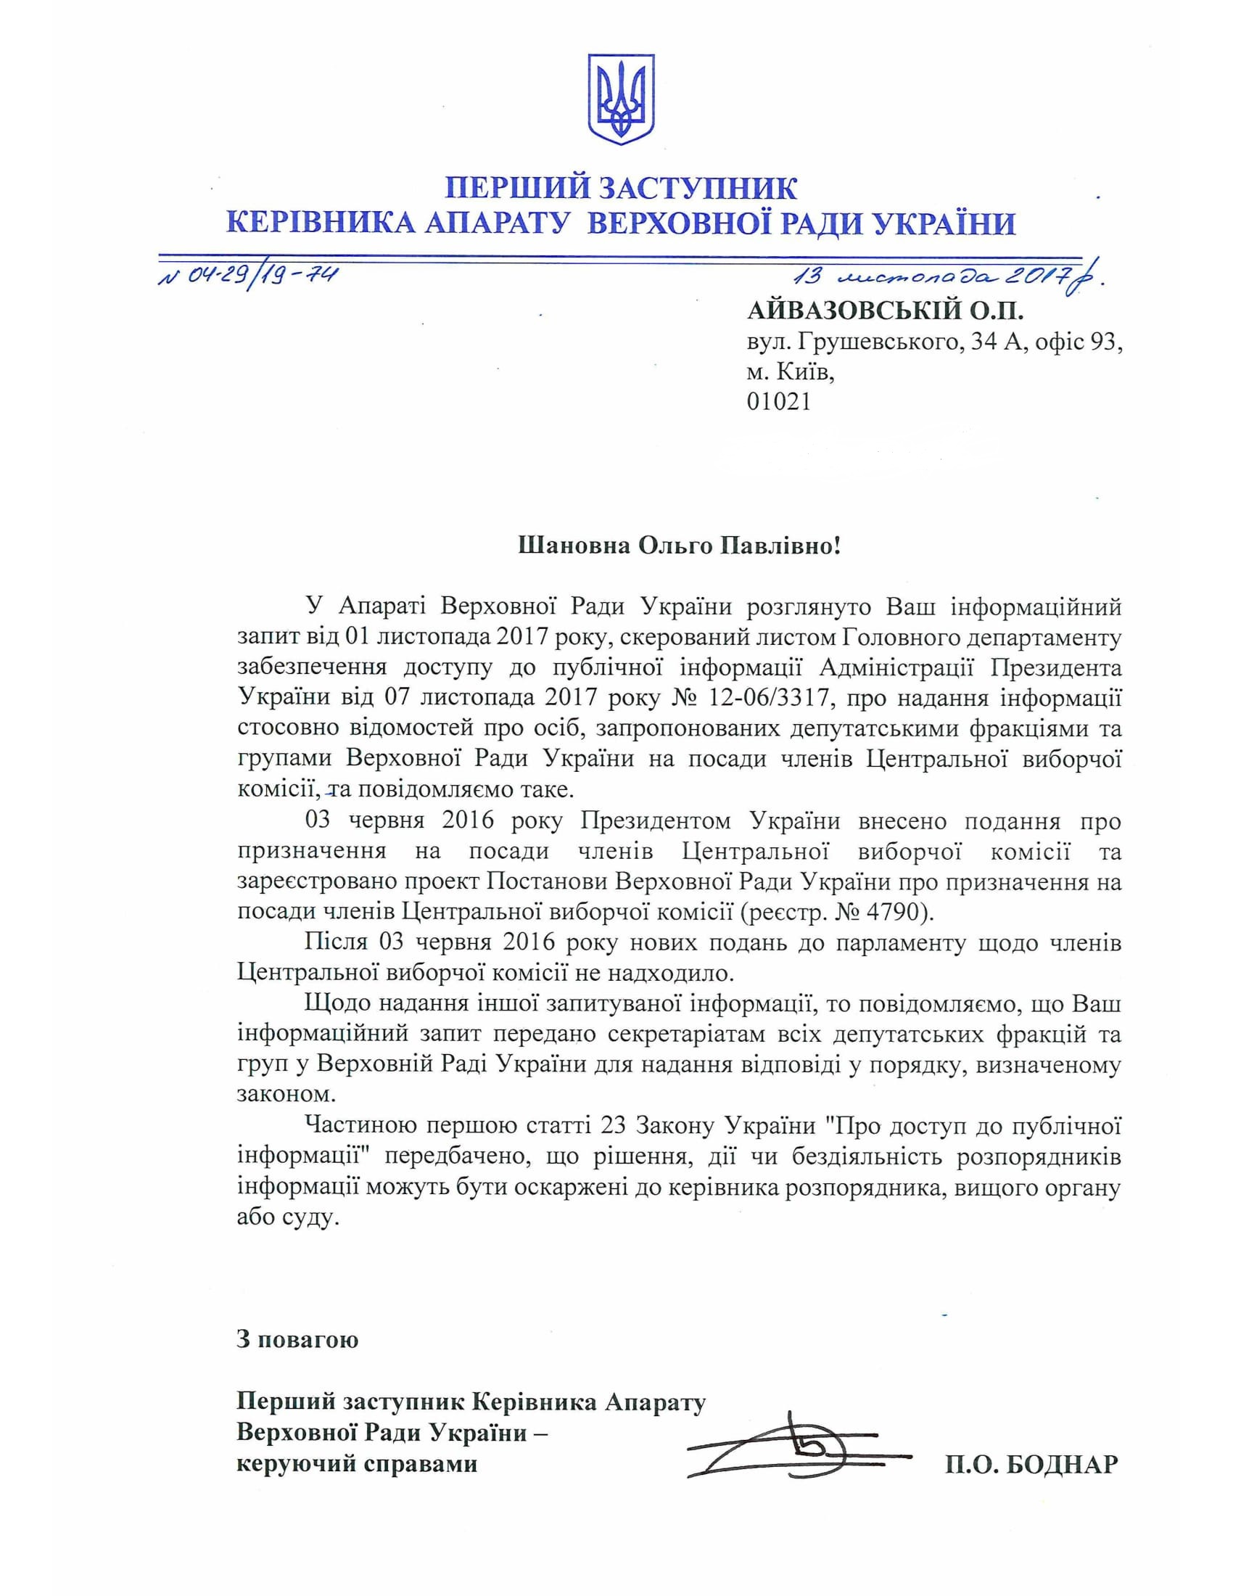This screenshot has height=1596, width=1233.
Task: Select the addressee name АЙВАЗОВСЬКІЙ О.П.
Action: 886,312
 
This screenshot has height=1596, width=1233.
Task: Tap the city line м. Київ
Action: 789,373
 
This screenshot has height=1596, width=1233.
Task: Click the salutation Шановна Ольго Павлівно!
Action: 680,546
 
